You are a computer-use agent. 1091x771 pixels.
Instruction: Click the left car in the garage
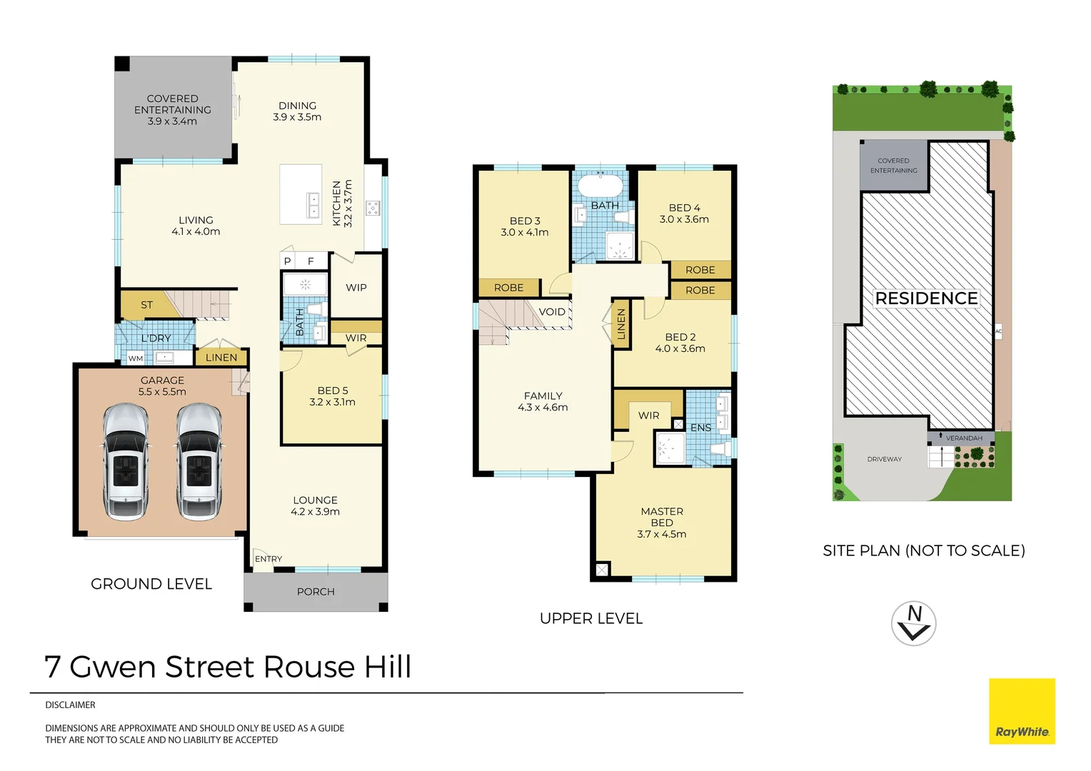126,462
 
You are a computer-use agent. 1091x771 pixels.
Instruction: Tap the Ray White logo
1022,711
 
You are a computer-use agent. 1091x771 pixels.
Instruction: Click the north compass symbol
914,623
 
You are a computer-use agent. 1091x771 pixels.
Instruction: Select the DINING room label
297,106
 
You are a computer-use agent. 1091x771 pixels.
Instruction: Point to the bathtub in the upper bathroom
600,186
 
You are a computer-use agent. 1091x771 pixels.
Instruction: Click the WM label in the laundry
136,358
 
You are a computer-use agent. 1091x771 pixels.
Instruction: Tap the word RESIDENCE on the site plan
926,298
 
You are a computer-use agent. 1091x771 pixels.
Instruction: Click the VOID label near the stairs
552,312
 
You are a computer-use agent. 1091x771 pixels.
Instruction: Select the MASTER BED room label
662,517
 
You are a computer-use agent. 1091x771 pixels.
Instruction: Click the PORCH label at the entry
316,592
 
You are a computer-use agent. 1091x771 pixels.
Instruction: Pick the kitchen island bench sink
313,205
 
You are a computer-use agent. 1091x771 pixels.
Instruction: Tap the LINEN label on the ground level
221,358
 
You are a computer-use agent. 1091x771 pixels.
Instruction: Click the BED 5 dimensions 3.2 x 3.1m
332,403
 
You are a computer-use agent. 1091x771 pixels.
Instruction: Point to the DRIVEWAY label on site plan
884,459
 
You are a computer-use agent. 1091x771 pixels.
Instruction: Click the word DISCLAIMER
70,705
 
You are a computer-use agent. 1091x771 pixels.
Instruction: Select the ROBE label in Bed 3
508,288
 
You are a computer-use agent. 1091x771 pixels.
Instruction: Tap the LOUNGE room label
315,500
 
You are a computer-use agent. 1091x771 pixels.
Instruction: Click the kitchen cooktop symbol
373,208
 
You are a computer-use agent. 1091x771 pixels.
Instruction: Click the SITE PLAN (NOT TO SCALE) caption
923,550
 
